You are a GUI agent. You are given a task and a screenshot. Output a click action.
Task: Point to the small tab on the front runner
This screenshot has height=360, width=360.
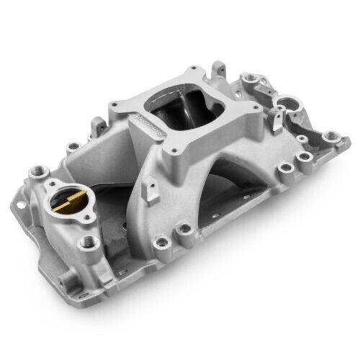point(151,190)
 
